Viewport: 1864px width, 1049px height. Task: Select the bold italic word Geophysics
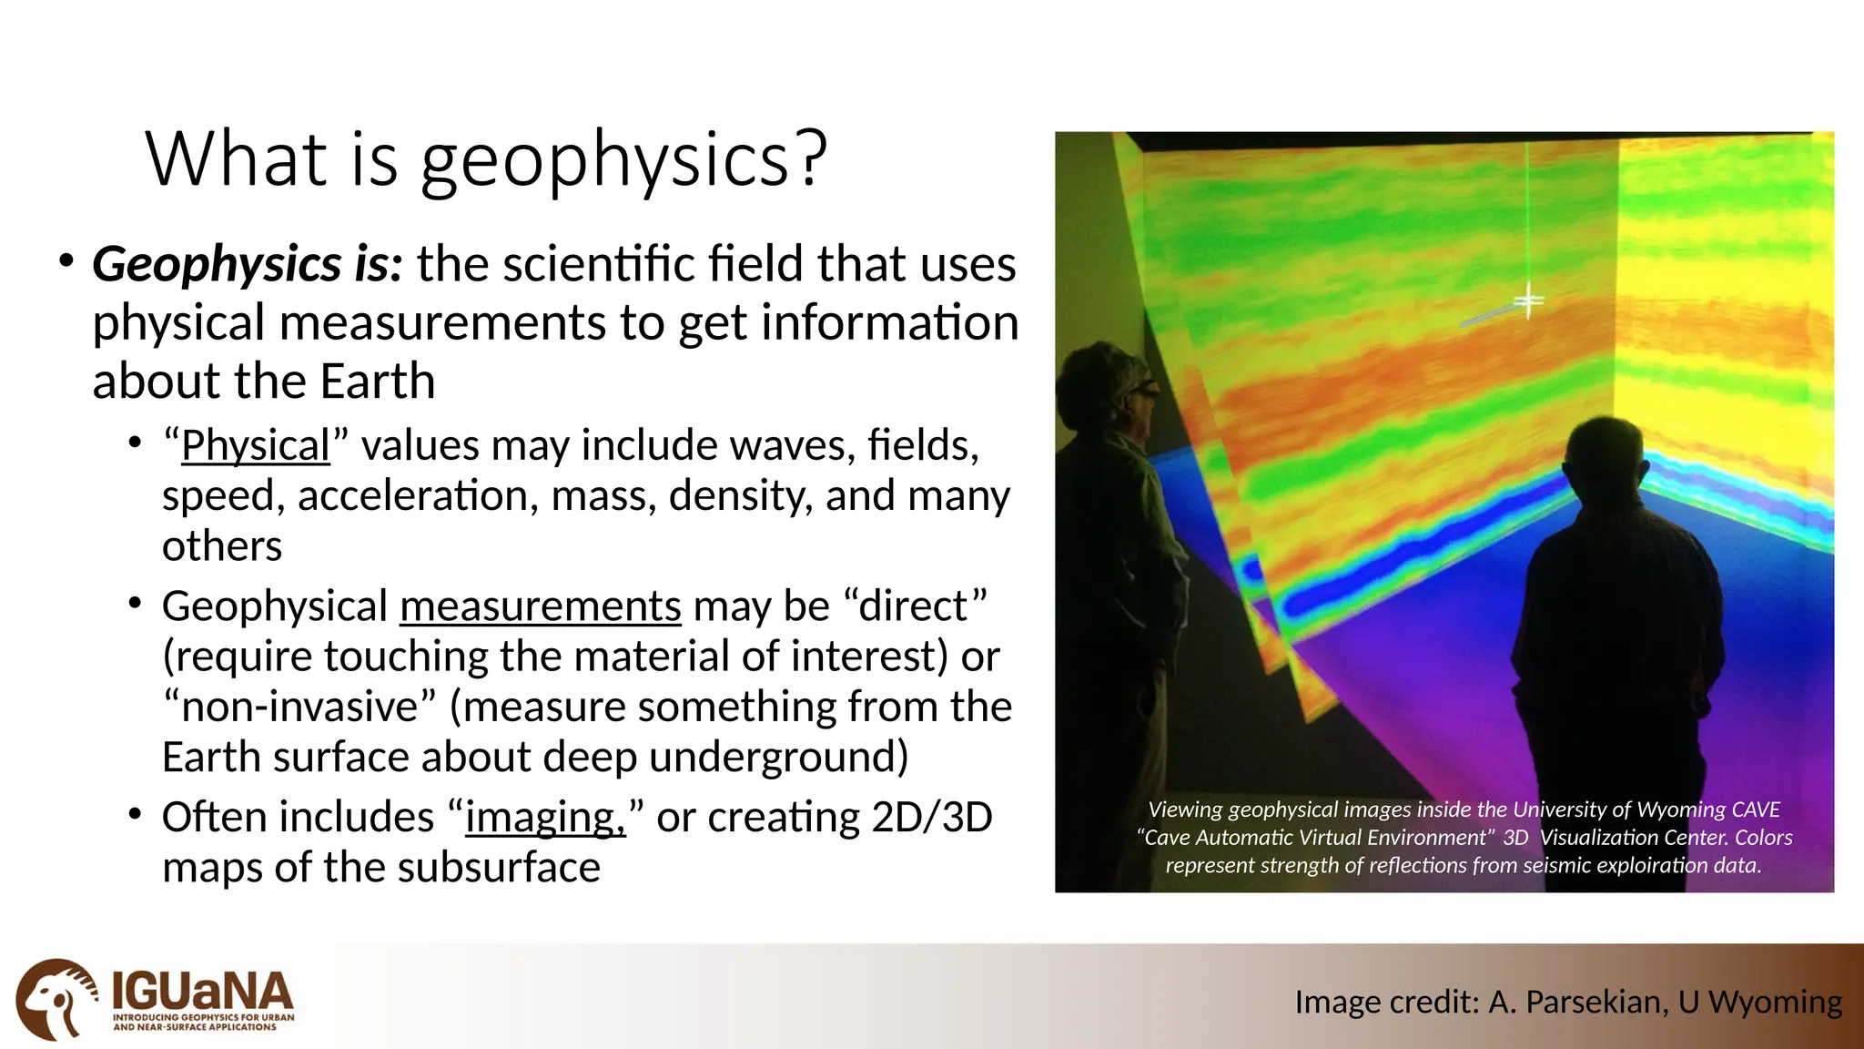click(x=218, y=265)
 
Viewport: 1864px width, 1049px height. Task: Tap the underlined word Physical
click(x=255, y=446)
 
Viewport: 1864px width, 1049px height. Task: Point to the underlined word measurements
click(x=540, y=606)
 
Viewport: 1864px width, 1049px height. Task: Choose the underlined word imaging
click(x=544, y=818)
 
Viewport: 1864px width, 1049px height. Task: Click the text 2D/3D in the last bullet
click(x=931, y=817)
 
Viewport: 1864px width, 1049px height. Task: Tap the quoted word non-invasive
click(x=299, y=708)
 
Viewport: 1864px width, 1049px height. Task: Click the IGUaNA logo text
click(x=202, y=992)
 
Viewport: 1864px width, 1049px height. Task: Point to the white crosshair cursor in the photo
click(x=1528, y=301)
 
